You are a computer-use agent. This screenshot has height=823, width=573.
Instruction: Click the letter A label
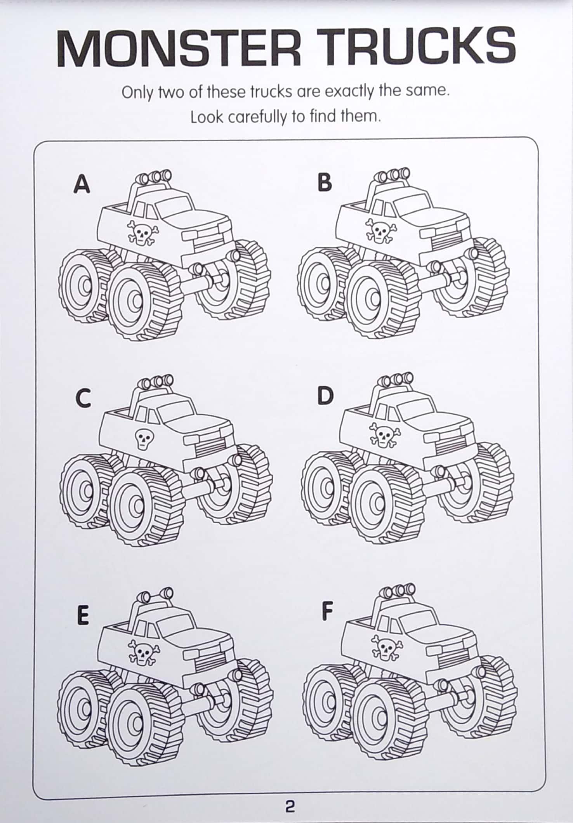(82, 184)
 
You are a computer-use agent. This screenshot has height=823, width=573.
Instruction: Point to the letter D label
(325, 396)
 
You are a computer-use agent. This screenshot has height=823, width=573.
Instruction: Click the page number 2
(290, 807)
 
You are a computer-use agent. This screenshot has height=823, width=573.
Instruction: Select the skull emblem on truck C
(144, 439)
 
